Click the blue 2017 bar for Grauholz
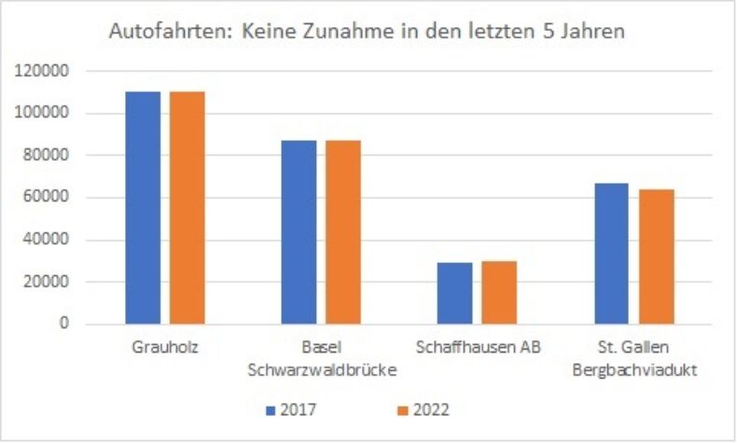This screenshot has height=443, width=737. coord(143,207)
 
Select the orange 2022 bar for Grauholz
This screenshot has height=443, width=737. coord(187,207)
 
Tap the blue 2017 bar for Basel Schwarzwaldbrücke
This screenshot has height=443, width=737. coord(299,232)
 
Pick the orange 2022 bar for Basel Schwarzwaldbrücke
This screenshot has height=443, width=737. coord(342,232)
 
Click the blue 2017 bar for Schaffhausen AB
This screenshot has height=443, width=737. coord(454,293)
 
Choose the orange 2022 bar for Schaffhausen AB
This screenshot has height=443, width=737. coord(498,292)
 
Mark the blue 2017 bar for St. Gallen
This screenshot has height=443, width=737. coord(611,254)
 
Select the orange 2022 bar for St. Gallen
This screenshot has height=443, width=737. coord(656,256)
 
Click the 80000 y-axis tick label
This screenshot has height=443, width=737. coord(45,156)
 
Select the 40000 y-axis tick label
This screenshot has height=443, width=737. coord(45,240)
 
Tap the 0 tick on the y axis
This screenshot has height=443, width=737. coord(63,324)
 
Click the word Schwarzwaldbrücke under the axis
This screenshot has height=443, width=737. coord(321,369)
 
